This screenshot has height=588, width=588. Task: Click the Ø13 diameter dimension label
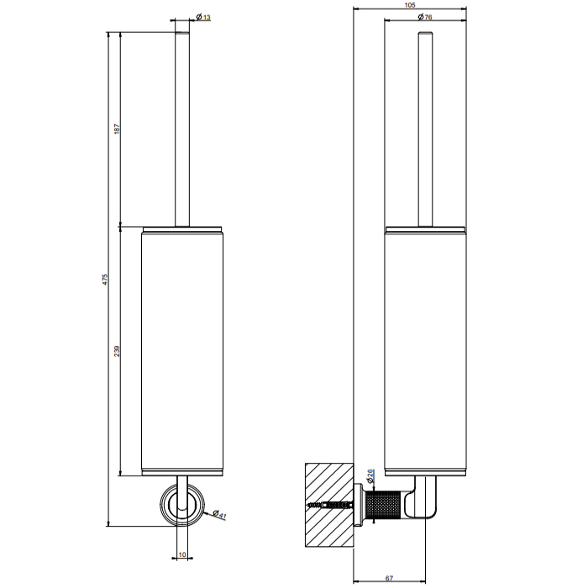pos(203,17)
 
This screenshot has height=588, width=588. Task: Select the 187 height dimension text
pos(117,129)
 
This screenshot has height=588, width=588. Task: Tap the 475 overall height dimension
pos(105,279)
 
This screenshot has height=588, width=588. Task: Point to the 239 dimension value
pos(117,351)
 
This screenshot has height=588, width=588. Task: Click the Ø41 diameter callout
pos(219,514)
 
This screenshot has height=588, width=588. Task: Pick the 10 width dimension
pos(182,554)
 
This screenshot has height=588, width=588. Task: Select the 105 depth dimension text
pos(410,5)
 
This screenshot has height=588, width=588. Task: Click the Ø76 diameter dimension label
pos(425,17)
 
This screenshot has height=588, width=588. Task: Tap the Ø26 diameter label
pos(369,475)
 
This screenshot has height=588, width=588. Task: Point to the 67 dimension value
pos(389,578)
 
